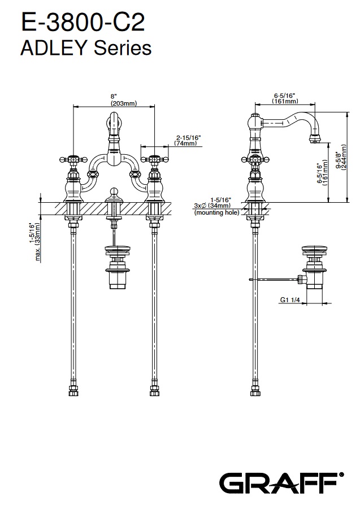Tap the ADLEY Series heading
click(x=86, y=48)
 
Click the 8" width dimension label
click(x=114, y=96)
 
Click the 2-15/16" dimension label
click(x=188, y=137)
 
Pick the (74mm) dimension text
click(x=185, y=143)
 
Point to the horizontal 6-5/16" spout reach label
click(x=285, y=95)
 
